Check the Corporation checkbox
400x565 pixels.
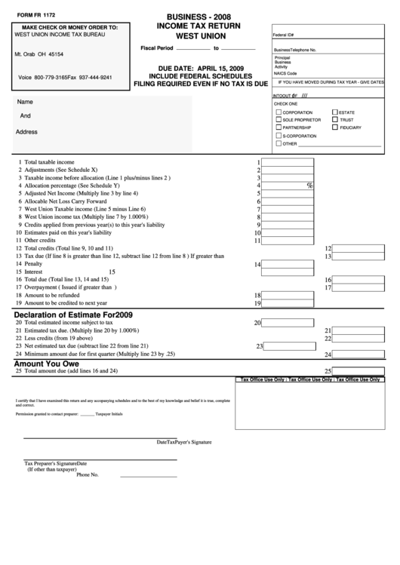tap(278, 112)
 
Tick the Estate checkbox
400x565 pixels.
tap(334, 112)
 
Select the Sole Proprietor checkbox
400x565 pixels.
tap(278, 120)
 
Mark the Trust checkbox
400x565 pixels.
tap(334, 120)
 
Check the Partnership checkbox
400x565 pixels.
tap(278, 128)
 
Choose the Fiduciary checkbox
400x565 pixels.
tap(334, 128)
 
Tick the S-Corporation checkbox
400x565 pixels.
tap(278, 136)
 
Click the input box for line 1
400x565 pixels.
tap(288, 161)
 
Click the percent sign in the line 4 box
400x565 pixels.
tap(309, 186)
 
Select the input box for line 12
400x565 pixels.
tap(358, 248)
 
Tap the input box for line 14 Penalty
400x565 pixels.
tap(288, 264)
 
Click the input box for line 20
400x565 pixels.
tap(288, 323)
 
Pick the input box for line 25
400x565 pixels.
tap(358, 371)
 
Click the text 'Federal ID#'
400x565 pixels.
tap(283, 35)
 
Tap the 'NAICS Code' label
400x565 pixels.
tap(285, 73)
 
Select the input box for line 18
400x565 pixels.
tap(288, 296)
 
